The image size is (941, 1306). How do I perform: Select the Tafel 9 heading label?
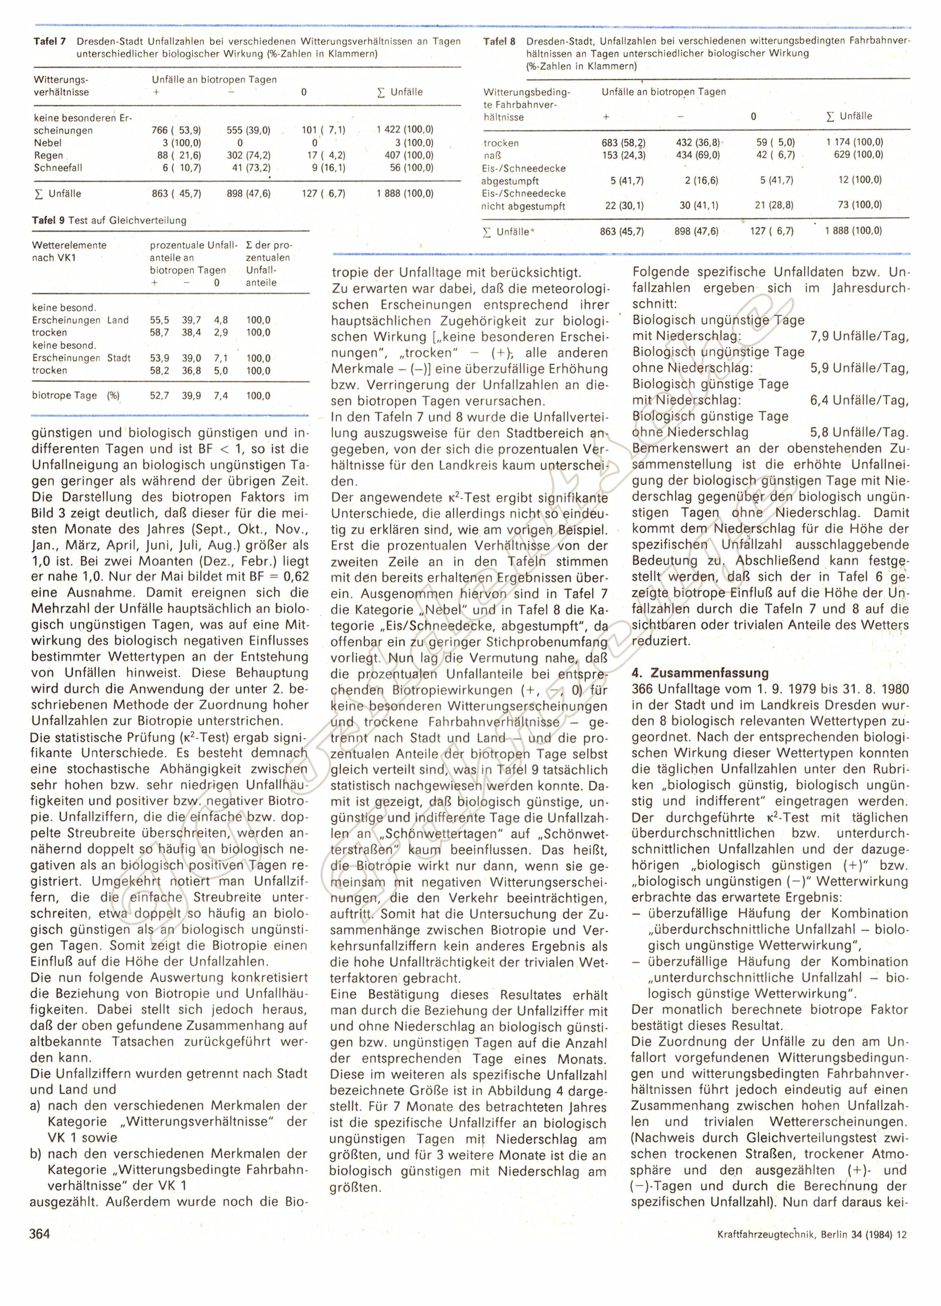[x=49, y=220]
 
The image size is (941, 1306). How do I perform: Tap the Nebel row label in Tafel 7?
[x=48, y=143]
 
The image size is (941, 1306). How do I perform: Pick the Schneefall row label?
[x=56, y=168]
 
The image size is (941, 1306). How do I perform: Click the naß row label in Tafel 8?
[x=494, y=155]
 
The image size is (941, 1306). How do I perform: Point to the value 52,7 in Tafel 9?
[x=159, y=395]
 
